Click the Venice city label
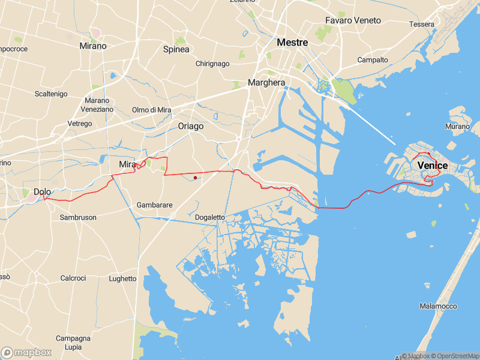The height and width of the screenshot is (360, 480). pos(432,165)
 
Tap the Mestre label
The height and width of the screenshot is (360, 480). pos(292,43)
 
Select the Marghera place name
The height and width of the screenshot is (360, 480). pos(266,83)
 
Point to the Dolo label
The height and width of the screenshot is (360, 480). pos(42,192)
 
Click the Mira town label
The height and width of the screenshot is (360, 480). pos(127,164)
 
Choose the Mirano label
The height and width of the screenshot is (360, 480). pos(93,46)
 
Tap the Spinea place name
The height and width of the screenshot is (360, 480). pos(176,49)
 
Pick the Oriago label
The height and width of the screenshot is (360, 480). pos(191,126)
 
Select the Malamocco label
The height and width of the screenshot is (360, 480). pos(438,306)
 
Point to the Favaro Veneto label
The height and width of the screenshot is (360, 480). pos(353,20)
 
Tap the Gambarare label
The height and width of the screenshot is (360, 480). pos(155,205)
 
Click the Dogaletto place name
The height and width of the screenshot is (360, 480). pos(210,217)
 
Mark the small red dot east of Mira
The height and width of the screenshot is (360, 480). pos(196,178)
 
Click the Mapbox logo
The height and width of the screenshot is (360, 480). pos(27,352)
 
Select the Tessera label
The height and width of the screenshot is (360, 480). pos(421,25)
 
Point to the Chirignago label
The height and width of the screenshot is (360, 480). pos(212,64)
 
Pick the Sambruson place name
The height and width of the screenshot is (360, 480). pos(78,217)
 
